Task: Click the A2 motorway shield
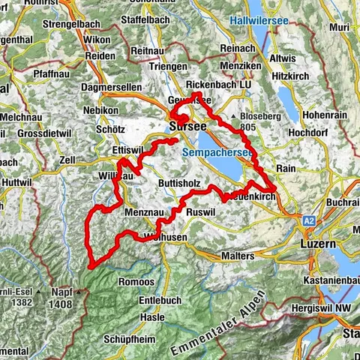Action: [x=309, y=222]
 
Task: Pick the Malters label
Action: [x=238, y=256]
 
